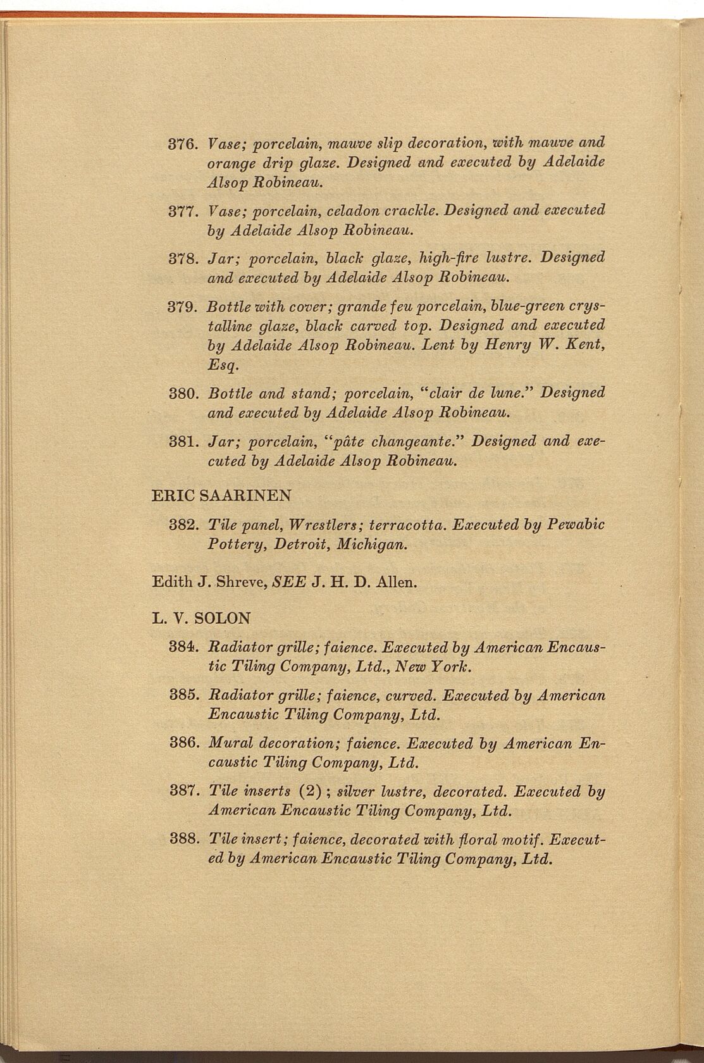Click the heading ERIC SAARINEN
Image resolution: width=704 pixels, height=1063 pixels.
point(222,495)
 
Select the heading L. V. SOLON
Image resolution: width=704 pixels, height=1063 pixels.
point(202,618)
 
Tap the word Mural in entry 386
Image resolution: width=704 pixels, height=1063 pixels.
point(231,743)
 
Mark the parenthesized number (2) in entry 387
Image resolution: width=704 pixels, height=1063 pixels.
point(311,792)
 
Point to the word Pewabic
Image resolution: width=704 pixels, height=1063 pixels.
point(576,525)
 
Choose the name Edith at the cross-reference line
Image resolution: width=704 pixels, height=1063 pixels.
point(170,581)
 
